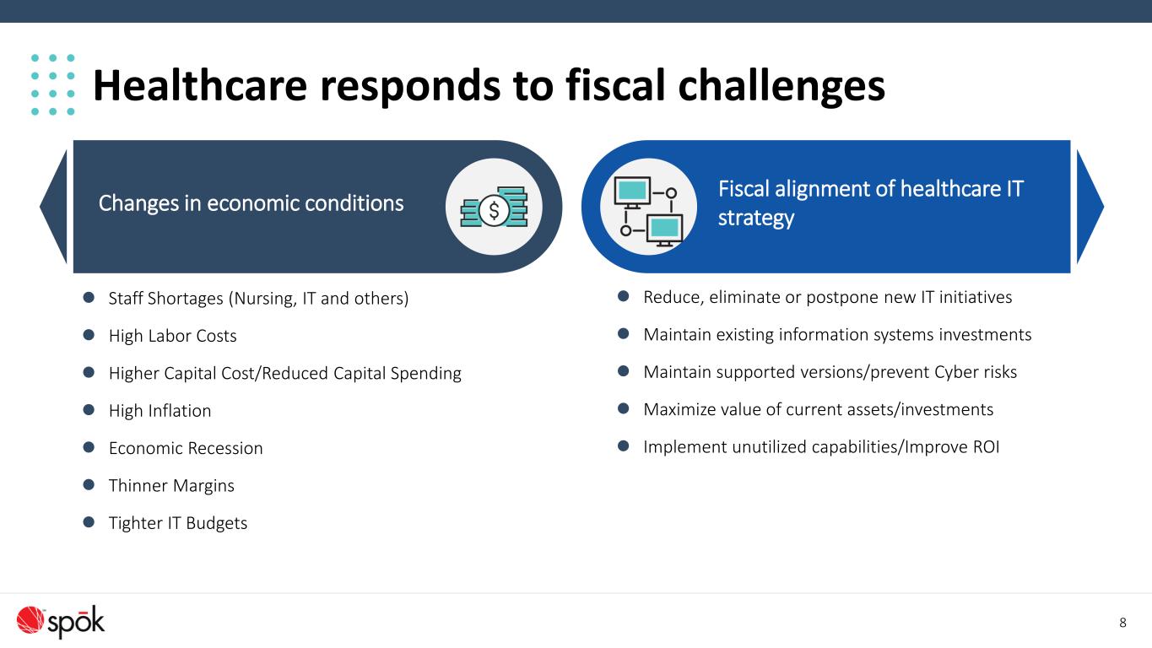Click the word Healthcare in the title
click(200, 85)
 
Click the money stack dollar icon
click(494, 207)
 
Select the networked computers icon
click(648, 212)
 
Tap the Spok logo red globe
click(30, 620)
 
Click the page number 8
click(1122, 623)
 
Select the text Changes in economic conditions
click(251, 203)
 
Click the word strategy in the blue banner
click(756, 218)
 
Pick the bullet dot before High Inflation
click(89, 410)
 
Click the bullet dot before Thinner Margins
click(89, 484)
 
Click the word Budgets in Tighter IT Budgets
click(217, 523)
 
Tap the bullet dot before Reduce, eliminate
click(624, 295)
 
